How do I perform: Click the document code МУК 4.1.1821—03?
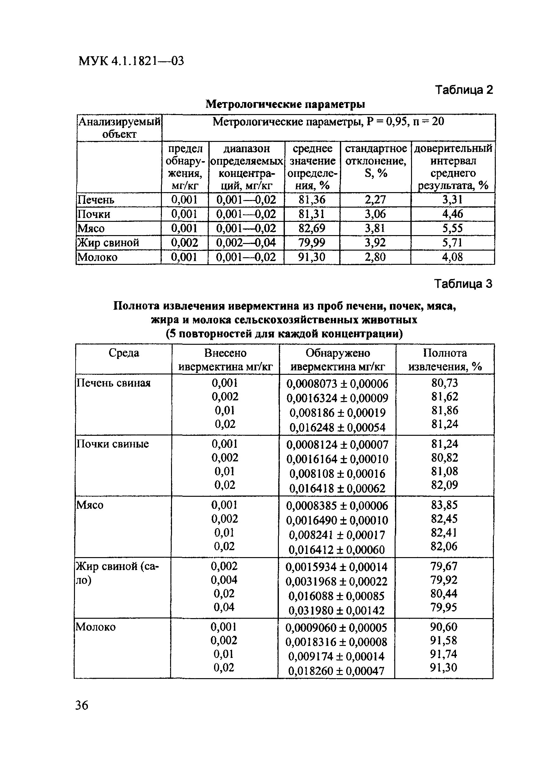click(x=131, y=61)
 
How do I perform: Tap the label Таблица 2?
click(x=464, y=90)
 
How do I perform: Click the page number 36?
click(x=82, y=705)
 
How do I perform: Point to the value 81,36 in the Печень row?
click(x=312, y=200)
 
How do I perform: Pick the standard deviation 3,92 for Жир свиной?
click(x=375, y=243)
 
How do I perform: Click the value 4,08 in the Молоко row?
click(x=452, y=257)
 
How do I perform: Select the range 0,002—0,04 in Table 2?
click(x=246, y=243)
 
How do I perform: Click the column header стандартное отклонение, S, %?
click(x=376, y=161)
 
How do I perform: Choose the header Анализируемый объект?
click(x=119, y=128)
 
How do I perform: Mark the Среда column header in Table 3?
click(x=124, y=353)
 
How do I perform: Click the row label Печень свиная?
click(x=113, y=383)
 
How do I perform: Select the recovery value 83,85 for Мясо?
click(x=444, y=505)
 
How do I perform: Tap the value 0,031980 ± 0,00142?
click(x=336, y=610)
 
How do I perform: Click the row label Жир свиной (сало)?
click(x=117, y=573)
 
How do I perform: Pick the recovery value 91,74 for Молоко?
click(x=443, y=654)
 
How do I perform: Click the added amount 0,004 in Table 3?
click(x=224, y=580)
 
